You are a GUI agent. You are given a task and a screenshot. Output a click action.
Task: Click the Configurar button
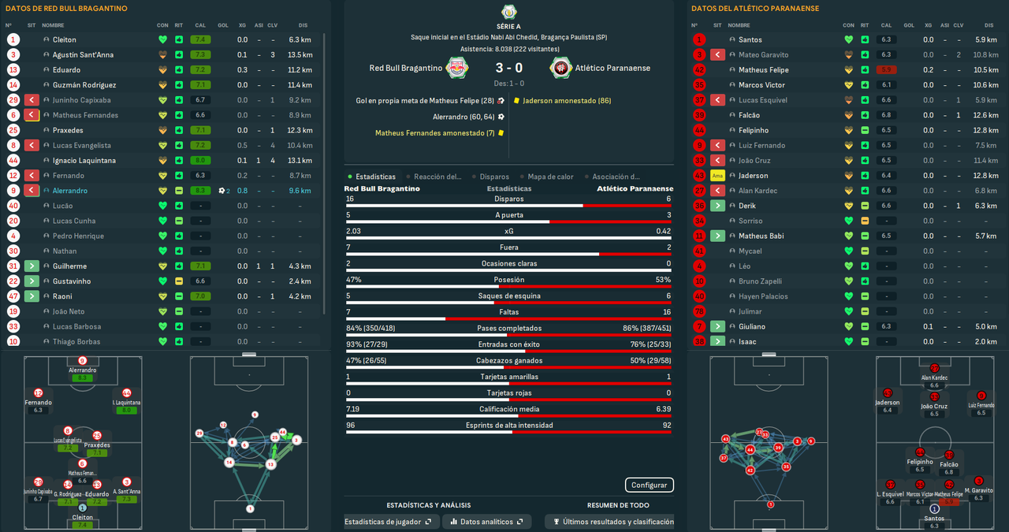point(650,485)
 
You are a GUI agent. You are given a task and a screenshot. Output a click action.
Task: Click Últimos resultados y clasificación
point(614,522)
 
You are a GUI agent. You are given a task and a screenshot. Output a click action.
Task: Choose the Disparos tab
point(494,177)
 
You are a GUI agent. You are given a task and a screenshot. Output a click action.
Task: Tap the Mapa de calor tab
point(550,177)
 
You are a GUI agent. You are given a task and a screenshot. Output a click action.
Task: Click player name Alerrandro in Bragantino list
point(70,191)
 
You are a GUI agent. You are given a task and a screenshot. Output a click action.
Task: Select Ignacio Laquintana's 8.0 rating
point(200,161)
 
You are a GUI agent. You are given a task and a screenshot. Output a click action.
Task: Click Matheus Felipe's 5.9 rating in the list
point(887,70)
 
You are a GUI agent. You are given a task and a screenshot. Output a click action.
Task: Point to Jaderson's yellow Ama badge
point(717,176)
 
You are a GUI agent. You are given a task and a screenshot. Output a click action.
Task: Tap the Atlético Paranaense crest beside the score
point(560,68)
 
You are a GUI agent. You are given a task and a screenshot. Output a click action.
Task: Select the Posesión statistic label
point(508,280)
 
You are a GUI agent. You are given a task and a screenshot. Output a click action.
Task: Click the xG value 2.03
point(354,231)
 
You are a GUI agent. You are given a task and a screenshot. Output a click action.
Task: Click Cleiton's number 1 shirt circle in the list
point(13,39)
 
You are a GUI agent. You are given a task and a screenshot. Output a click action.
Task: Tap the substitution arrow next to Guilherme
point(32,266)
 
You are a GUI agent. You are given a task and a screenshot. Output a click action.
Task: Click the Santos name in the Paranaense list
point(750,39)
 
